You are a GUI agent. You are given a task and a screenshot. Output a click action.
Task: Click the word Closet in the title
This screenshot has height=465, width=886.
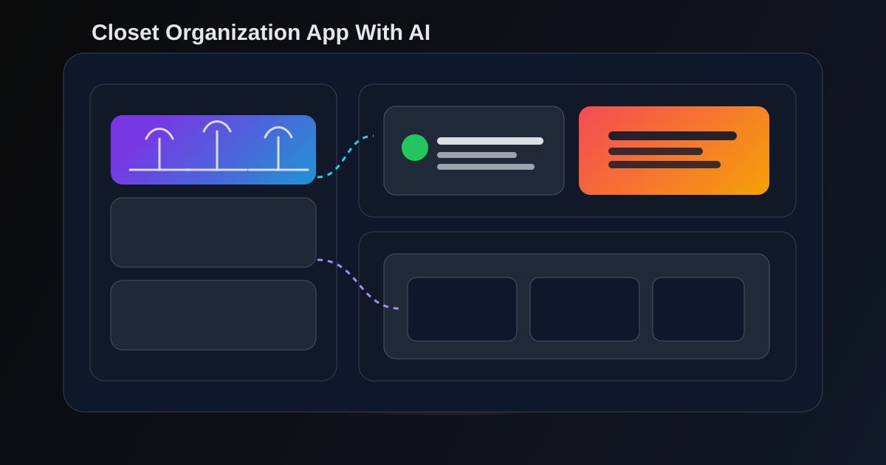click(126, 32)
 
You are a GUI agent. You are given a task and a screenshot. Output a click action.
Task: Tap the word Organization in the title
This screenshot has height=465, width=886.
click(233, 33)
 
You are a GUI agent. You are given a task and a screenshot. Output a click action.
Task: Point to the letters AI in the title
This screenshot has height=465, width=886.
click(419, 32)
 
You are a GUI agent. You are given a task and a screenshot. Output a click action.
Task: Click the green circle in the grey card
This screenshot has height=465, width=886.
click(415, 148)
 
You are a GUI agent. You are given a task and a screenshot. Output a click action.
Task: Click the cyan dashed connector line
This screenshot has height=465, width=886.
click(344, 158)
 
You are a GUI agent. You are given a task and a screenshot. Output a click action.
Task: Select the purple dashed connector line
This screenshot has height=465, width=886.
click(357, 283)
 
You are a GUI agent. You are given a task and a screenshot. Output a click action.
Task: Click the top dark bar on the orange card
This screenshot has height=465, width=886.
click(673, 136)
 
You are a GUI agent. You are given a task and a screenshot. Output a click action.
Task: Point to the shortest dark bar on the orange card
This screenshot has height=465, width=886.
click(656, 151)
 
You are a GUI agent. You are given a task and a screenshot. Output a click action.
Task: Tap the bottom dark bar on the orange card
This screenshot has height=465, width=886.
click(664, 165)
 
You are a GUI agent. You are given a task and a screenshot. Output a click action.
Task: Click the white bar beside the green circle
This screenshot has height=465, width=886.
click(490, 141)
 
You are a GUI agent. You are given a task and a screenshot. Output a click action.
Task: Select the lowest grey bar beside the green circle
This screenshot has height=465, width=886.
click(486, 167)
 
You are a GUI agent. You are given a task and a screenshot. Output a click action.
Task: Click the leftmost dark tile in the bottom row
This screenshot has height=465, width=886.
click(462, 309)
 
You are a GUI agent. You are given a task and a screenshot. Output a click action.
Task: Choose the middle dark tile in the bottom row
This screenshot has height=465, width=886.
click(585, 309)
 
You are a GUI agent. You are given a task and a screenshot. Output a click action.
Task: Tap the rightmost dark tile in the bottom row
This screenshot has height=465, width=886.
click(698, 309)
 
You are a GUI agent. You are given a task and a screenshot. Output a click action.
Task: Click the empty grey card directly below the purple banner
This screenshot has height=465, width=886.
click(213, 232)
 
